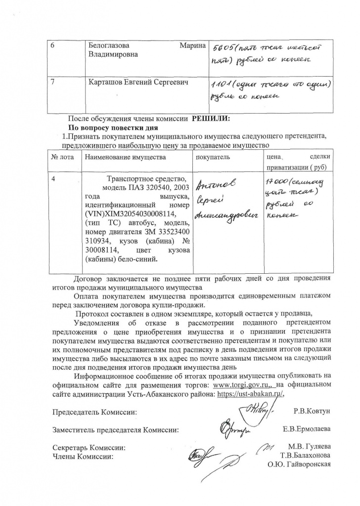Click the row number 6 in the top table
click(x=53, y=45)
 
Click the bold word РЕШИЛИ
click(x=211, y=119)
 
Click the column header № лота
click(x=63, y=157)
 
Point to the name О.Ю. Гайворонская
click(x=299, y=464)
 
